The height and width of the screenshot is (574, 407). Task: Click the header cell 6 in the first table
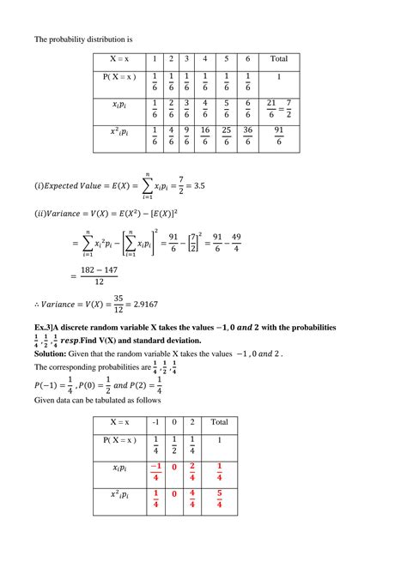coord(247,59)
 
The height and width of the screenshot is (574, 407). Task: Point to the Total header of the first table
coord(279,59)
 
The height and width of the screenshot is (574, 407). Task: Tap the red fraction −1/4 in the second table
coord(155,473)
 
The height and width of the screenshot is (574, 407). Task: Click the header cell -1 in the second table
coord(155,422)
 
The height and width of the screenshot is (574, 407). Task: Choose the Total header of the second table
coord(220,422)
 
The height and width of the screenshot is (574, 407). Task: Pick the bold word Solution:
coord(51,353)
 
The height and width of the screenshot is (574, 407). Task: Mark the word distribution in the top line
coord(111,39)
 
